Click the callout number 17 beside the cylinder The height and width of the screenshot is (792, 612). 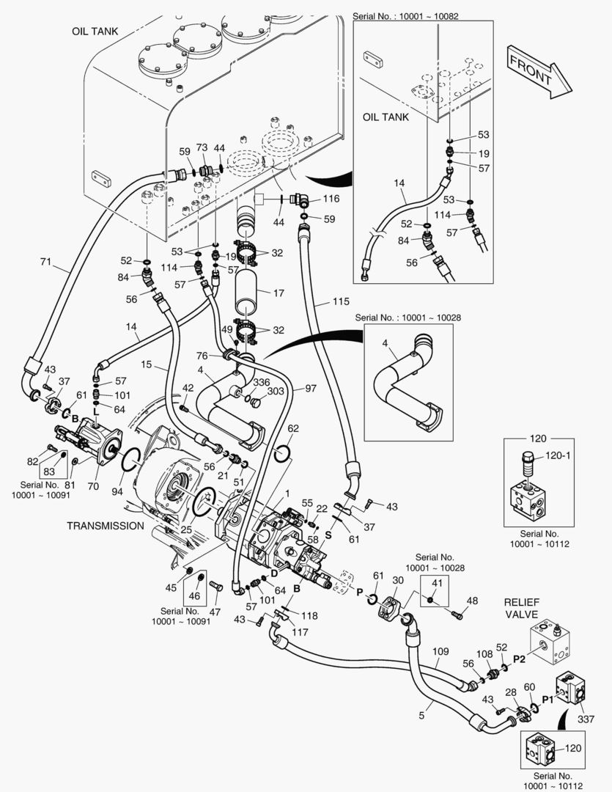pyautogui.click(x=278, y=293)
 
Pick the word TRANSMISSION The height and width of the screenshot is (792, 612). pyautogui.click(x=106, y=526)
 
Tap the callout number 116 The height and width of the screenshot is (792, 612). pyautogui.click(x=331, y=199)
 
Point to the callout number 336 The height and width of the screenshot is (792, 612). pyautogui.click(x=261, y=382)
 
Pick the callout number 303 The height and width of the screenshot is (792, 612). pyautogui.click(x=276, y=392)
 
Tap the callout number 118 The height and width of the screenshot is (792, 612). pyautogui.click(x=310, y=616)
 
